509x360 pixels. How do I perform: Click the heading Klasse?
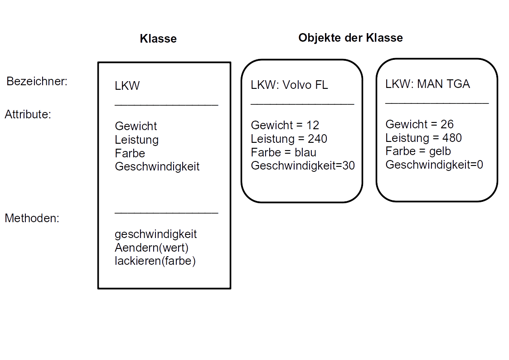[x=158, y=39]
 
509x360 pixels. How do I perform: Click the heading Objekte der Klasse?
[x=350, y=38]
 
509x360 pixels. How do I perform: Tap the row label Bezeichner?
[x=37, y=82]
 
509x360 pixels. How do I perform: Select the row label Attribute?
[x=28, y=115]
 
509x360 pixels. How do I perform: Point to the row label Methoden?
[x=32, y=218]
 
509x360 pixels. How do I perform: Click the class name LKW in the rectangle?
[x=127, y=86]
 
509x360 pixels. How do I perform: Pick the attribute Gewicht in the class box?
[x=136, y=126]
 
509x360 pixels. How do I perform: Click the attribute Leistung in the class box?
[x=136, y=140]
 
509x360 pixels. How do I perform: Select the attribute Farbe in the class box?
[x=130, y=153]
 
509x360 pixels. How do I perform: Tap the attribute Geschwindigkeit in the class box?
[x=157, y=166]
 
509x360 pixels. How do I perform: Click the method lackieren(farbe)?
[x=155, y=261]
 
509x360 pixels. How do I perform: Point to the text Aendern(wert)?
[x=151, y=248]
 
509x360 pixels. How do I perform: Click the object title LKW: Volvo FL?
[x=289, y=85]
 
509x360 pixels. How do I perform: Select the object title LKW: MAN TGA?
[x=427, y=84]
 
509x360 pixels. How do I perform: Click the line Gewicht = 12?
[x=285, y=125]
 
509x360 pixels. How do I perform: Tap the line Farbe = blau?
[x=283, y=152]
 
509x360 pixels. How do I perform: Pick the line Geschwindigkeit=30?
[x=303, y=165]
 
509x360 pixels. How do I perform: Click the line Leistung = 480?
[x=423, y=138]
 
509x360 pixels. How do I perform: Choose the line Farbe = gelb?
[x=418, y=151]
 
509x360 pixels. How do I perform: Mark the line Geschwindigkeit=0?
[x=434, y=165]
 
